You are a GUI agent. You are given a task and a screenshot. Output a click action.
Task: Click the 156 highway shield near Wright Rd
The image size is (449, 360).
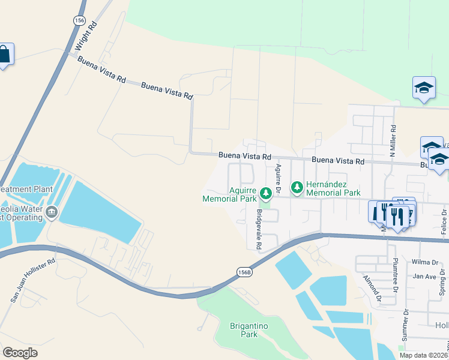pos(79,20)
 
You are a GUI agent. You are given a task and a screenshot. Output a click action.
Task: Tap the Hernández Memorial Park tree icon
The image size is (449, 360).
pos(297,188)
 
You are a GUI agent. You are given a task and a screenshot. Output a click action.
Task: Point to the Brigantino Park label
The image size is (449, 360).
pos(252,331)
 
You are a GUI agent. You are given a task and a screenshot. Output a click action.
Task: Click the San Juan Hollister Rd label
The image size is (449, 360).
pos(32,280)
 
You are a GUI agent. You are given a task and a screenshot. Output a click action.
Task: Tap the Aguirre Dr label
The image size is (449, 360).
pos(279,178)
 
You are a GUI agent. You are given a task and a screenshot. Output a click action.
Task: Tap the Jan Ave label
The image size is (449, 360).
pos(424,277)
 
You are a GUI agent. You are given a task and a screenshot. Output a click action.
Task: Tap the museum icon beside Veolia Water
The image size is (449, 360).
pos(52,212)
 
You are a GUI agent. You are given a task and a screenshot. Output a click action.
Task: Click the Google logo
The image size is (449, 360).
pos(20,353)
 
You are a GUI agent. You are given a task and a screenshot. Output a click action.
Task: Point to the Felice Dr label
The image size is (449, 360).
pos(444,221)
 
